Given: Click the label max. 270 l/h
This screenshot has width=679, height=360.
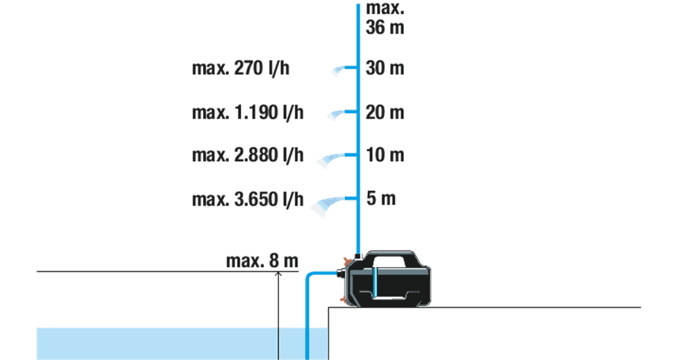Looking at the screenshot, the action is [241, 69].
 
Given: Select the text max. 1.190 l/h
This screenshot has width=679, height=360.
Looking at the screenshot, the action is [248, 113].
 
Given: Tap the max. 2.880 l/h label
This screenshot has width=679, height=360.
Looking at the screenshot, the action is [248, 155].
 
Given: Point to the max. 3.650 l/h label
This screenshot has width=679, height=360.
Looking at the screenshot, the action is [248, 199].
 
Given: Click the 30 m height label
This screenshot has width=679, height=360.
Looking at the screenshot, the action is [385, 68].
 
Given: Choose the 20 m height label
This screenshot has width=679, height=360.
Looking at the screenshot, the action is [385, 113].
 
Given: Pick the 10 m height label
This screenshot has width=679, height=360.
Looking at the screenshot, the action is [385, 155].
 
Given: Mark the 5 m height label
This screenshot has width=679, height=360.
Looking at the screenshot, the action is [381, 198].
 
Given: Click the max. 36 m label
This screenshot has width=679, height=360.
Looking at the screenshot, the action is [385, 18].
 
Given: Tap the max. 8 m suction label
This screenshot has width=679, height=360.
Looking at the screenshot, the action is [262, 261].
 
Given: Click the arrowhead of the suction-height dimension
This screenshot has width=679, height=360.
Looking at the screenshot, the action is [278, 274].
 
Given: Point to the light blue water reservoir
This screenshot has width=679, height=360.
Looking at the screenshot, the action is [182, 344].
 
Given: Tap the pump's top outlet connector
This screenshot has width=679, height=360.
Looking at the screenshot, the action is [357, 257].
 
